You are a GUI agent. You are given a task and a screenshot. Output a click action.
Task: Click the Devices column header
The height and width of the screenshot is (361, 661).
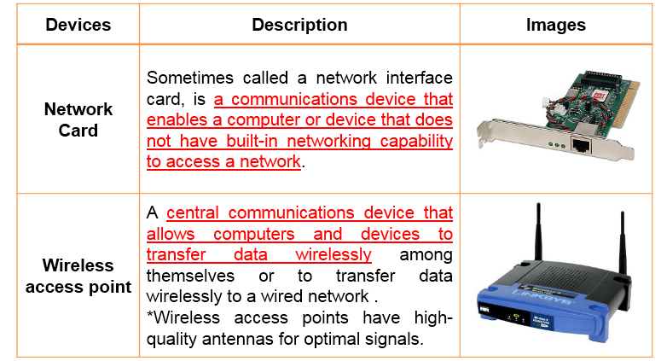(78, 25)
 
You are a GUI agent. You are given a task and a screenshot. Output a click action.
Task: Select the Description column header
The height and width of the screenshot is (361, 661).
(299, 25)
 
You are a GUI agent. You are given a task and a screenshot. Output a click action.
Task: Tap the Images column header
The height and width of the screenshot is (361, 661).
(555, 25)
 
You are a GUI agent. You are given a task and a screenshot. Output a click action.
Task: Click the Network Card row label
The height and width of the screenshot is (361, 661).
(78, 119)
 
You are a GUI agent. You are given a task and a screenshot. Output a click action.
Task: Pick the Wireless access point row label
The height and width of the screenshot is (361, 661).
(78, 276)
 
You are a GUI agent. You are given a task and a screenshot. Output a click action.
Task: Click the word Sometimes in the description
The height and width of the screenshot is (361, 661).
(190, 78)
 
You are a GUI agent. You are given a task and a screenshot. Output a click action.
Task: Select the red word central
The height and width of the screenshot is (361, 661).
(193, 213)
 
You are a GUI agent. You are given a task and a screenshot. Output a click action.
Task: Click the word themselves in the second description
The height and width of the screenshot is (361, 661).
(190, 276)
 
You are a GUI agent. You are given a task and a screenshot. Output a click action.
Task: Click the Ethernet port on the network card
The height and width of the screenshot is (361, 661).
(581, 145)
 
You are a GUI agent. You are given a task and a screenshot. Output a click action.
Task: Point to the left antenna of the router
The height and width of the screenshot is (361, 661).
(538, 232)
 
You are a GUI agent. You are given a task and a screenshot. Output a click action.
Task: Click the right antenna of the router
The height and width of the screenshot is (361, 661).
(622, 244)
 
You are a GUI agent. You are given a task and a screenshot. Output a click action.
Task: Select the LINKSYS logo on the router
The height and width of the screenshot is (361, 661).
(542, 296)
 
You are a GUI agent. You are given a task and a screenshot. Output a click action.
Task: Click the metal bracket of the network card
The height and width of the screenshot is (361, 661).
(552, 141)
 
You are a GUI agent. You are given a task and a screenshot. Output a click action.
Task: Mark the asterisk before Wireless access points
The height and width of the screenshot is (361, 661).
(149, 316)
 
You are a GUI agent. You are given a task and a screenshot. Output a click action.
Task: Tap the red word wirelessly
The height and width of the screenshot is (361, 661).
(333, 254)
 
